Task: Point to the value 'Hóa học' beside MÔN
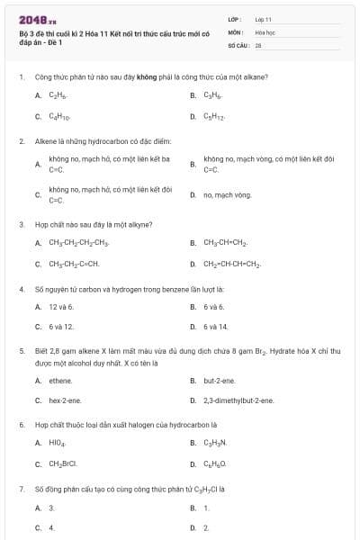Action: point(265,31)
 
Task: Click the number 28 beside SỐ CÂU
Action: point(258,44)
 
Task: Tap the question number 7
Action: point(21,489)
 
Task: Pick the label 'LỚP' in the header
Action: point(233,18)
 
